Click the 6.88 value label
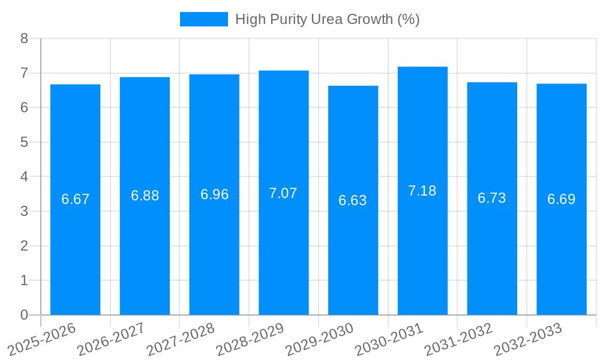[x=145, y=196]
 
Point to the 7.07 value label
[x=283, y=193]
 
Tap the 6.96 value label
[x=214, y=194]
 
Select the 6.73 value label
[x=492, y=198]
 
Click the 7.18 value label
[x=422, y=191]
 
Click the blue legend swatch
[x=204, y=19]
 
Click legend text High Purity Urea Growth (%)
[x=327, y=19]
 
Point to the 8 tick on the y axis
[x=24, y=38]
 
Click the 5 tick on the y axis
[x=24, y=142]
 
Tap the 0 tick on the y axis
[x=24, y=315]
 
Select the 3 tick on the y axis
[x=24, y=211]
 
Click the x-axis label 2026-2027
[x=112, y=340]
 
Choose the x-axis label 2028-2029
[x=250, y=340]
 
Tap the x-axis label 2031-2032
[x=459, y=340]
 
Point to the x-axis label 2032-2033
[x=528, y=340]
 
